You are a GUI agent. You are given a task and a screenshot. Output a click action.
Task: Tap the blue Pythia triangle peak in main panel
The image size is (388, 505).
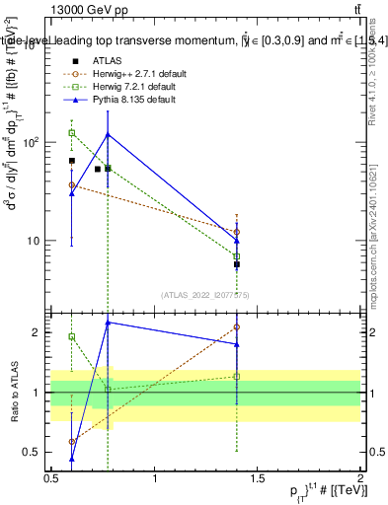pos(108,134)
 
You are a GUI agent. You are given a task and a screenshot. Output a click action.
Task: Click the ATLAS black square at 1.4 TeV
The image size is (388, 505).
pos(237,264)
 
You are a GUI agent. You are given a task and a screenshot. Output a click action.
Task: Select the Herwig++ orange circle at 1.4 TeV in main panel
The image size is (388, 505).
pos(237,232)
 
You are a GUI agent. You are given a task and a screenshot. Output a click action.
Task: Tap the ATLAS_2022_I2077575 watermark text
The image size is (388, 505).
pos(205,294)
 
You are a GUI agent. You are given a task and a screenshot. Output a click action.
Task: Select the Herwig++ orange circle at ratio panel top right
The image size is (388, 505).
pos(237,326)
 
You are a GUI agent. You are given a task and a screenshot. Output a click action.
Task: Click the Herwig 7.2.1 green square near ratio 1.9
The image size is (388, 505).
pos(71,336)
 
